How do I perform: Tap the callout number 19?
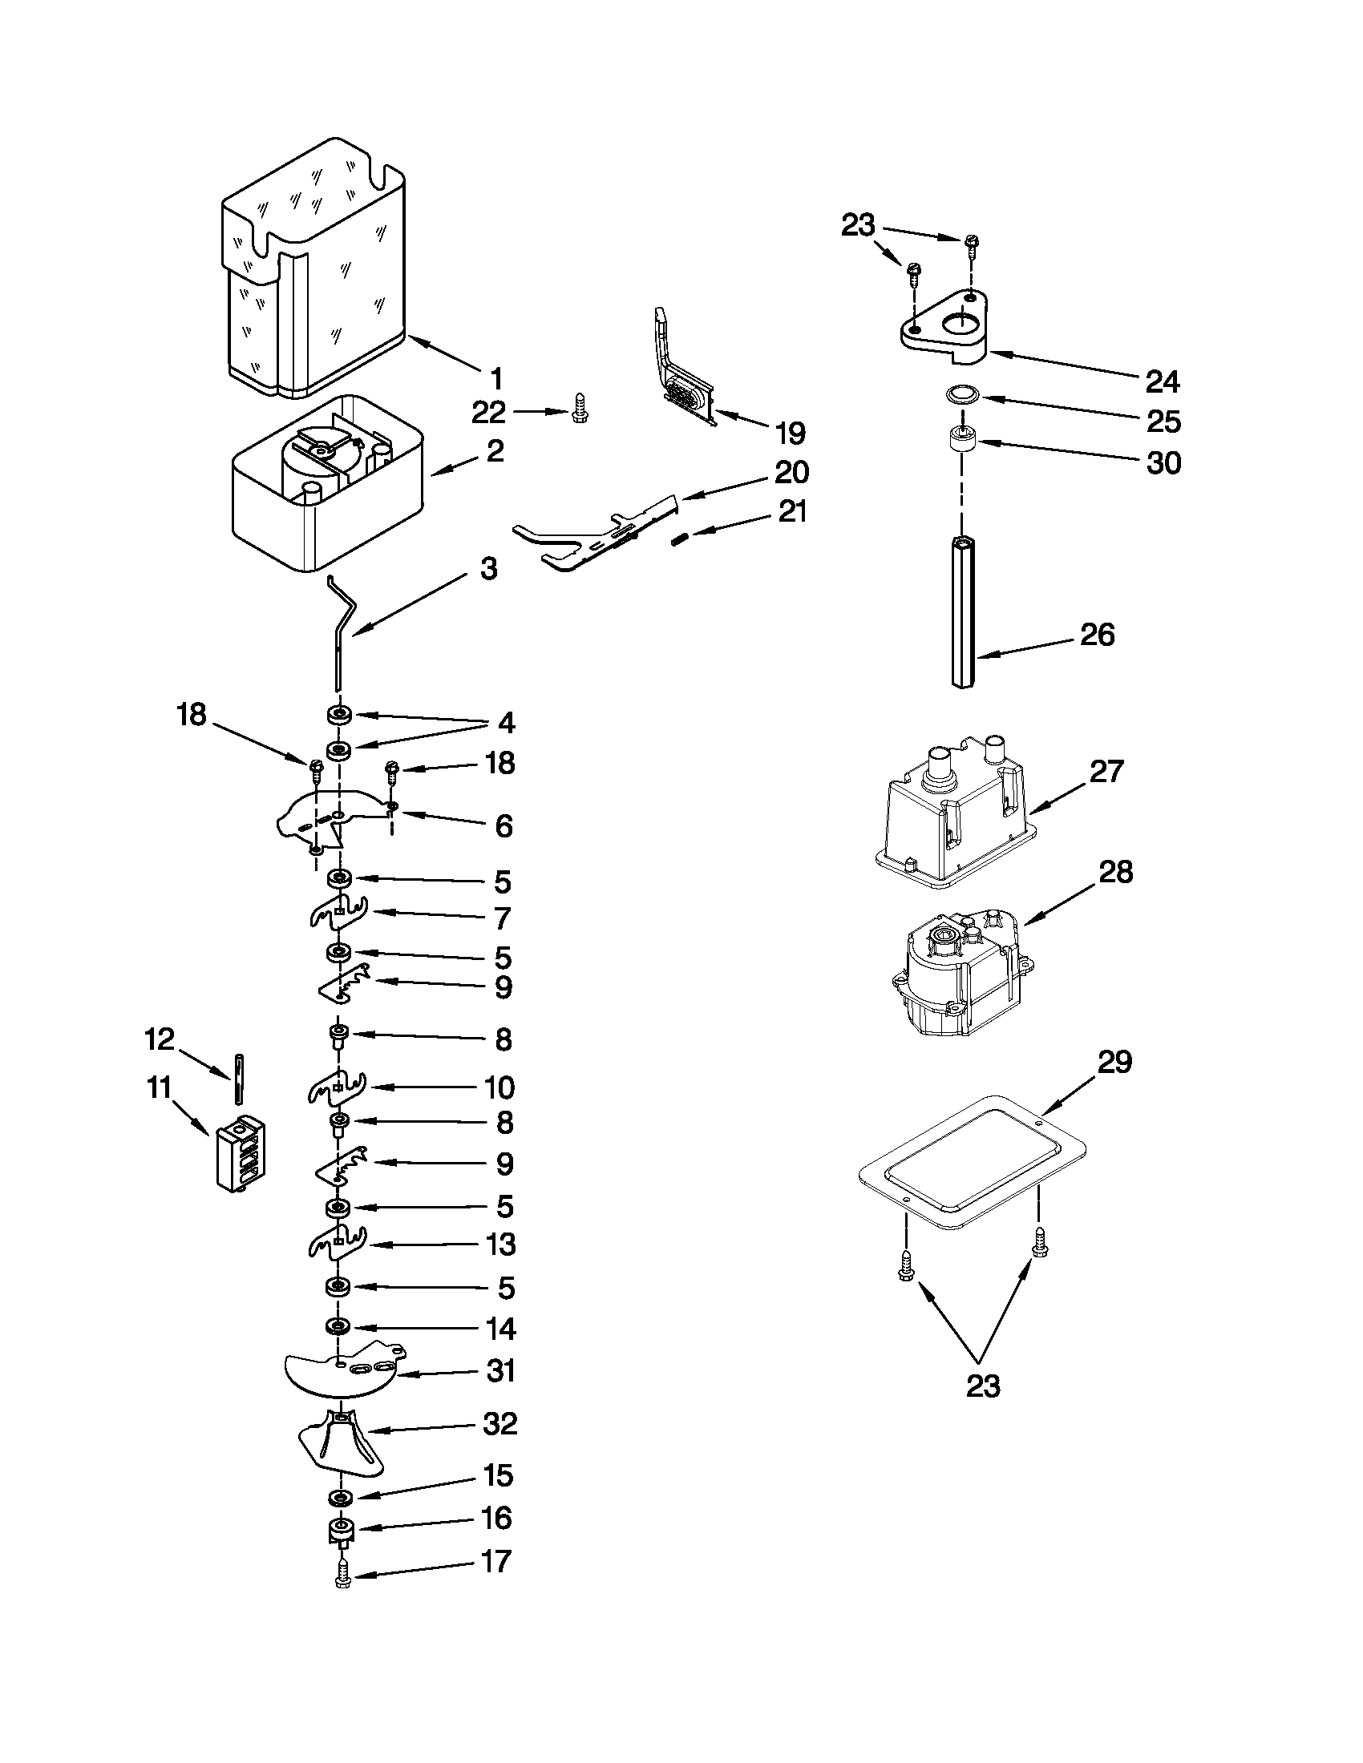click(x=790, y=434)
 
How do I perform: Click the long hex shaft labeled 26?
click(x=963, y=614)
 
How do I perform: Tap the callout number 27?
click(x=1106, y=772)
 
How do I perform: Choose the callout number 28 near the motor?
click(x=1116, y=872)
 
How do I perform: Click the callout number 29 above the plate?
click(x=1115, y=1062)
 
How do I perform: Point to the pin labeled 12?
click(x=239, y=1078)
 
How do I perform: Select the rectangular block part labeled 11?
click(x=241, y=1152)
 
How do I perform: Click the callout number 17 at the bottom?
click(x=495, y=1561)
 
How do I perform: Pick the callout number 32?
click(x=499, y=1423)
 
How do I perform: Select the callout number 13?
click(x=500, y=1244)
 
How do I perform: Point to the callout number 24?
click(x=1163, y=381)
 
